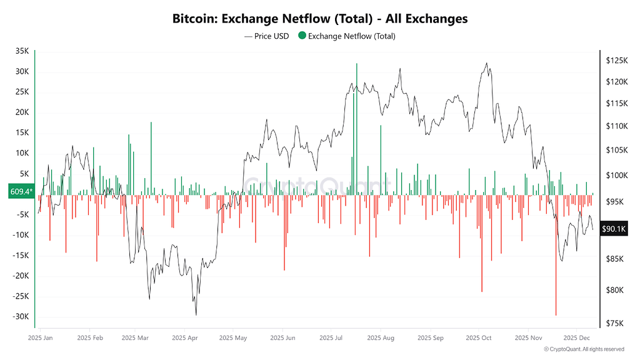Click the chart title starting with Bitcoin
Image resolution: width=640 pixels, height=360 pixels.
point(319,19)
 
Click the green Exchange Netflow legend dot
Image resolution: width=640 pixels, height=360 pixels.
point(302,36)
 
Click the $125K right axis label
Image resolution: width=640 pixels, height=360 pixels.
point(617,61)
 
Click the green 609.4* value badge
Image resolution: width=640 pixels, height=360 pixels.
point(20,192)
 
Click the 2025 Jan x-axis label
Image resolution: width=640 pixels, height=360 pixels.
point(41,337)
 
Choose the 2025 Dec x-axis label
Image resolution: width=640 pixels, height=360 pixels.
point(577,337)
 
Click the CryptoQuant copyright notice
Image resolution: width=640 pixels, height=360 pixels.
point(583,349)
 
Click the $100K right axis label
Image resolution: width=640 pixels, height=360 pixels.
point(617,176)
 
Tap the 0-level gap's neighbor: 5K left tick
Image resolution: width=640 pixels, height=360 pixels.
point(23,174)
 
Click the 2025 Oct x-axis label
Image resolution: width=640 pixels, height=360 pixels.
point(479,337)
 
